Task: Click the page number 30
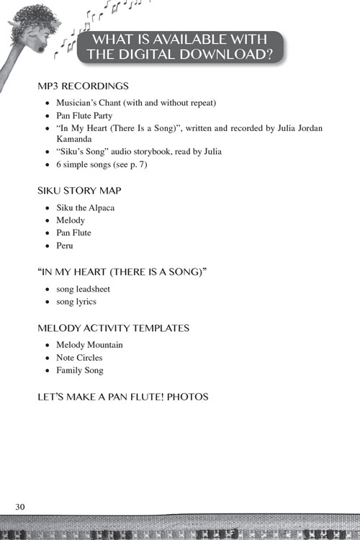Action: (20, 507)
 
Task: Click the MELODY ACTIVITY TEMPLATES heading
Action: (113, 328)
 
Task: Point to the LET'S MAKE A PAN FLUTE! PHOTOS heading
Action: (122, 397)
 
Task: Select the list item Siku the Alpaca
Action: (85, 207)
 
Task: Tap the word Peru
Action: (65, 246)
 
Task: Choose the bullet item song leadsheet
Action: (83, 289)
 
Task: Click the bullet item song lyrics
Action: (76, 302)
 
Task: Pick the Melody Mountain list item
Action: (89, 345)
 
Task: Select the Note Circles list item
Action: (79, 358)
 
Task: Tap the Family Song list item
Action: (79, 371)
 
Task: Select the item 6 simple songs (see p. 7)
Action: (97, 165)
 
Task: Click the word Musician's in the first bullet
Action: (78, 102)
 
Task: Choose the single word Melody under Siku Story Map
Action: (71, 220)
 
